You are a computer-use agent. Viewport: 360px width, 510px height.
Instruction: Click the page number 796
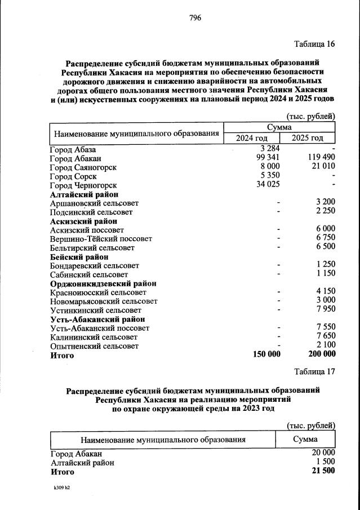point(195,18)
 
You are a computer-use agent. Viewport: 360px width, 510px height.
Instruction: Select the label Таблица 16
point(314,45)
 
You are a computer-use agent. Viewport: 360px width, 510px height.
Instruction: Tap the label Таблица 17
point(314,371)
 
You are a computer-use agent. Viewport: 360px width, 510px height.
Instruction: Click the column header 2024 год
point(252,138)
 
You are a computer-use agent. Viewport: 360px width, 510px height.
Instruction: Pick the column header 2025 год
point(308,138)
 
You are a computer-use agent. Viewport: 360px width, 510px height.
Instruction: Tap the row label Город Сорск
point(73,176)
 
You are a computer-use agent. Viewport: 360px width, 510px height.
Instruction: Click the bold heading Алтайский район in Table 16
point(84,194)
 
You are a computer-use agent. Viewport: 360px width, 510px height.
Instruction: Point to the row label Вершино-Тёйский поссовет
point(101,239)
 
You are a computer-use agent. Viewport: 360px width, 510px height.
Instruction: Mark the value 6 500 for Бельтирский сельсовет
point(326,247)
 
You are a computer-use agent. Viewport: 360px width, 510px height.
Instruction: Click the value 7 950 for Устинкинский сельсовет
point(326,310)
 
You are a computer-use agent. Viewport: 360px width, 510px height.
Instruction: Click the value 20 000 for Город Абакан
point(323,453)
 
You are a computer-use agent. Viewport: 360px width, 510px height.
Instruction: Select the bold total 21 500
point(323,471)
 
